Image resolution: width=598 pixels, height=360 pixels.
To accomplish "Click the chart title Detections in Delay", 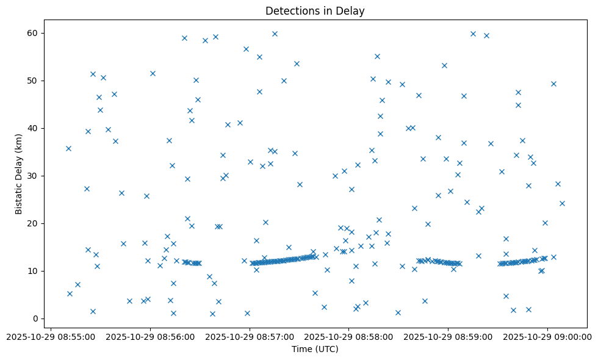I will point(315,11).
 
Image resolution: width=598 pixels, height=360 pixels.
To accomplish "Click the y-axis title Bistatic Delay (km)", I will point(19,175).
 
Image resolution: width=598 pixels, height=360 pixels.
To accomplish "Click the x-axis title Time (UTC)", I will point(315,349).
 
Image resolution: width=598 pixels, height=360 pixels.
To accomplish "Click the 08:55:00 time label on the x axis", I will point(51,336).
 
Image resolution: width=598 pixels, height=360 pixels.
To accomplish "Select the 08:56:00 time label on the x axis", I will point(150,336).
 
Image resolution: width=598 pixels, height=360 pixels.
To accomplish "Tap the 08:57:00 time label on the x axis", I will point(250,336).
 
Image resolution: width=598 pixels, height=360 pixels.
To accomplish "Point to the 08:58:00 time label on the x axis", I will point(349,336).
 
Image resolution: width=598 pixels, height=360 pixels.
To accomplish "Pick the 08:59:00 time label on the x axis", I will point(448,336).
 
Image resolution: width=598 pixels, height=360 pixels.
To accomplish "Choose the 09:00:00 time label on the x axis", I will point(547,336).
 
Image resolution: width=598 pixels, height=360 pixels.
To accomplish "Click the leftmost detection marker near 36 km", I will point(68,148).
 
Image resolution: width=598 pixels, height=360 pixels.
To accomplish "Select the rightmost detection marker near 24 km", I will point(562,203).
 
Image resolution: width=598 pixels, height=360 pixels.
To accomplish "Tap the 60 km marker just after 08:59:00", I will point(473,34).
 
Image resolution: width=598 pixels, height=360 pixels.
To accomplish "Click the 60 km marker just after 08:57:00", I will point(275,34).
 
